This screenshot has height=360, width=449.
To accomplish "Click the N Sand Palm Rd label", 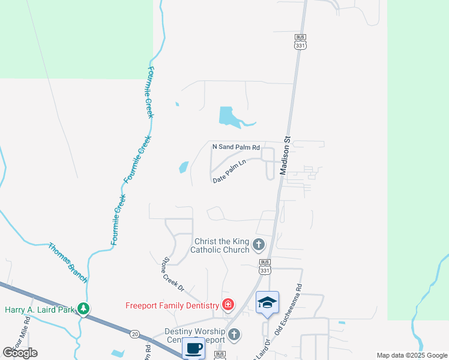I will point(237,147).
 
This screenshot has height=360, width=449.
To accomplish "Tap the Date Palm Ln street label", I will point(229,171).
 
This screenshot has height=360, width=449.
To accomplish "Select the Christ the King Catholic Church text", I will point(220,245).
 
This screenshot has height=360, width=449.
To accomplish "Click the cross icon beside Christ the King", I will point(259,244).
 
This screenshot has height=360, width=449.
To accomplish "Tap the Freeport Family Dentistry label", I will point(172,305).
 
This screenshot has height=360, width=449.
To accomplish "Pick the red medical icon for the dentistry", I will point(228,305).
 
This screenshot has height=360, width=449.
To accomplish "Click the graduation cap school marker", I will point(267,302).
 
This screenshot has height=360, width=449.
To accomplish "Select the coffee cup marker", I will point(193,348).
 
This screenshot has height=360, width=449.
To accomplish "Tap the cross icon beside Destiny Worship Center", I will point(234,334).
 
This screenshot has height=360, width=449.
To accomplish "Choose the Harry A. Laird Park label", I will point(40,310).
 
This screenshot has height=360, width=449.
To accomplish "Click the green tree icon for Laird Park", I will point(83,310).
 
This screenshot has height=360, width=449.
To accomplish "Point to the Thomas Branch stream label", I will point(68,263).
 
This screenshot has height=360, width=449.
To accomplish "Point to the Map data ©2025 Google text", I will point(412,355).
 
